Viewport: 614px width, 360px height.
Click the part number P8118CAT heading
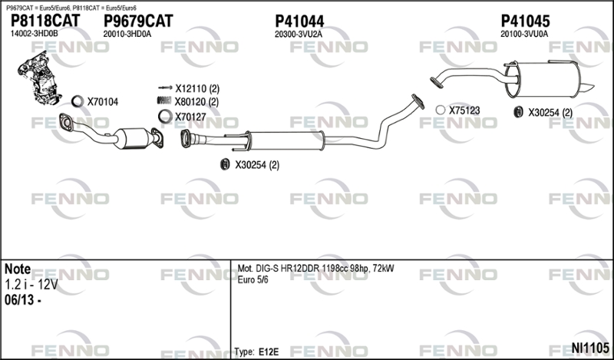coord(45,21)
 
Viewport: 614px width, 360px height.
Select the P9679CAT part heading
coord(138,21)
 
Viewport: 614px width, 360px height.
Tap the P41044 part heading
coord(299,21)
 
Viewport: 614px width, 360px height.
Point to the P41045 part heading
coord(525,21)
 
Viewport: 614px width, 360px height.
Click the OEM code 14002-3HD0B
coord(34,34)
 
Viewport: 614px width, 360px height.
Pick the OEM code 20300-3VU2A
coord(299,34)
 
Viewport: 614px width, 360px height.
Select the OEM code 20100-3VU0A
coord(524,34)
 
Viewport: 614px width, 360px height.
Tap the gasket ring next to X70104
coord(78,101)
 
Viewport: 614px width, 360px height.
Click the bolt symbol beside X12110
coord(165,88)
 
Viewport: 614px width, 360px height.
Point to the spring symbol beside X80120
coord(164,101)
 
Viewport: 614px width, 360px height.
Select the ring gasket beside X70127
coord(165,117)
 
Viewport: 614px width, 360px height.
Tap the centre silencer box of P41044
coord(286,140)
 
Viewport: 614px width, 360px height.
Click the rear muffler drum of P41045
coord(543,80)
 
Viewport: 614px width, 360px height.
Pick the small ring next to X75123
coord(441,110)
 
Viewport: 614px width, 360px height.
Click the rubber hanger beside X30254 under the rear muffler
coord(519,112)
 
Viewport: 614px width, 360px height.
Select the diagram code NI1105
coord(590,348)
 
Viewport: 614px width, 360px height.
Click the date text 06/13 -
coord(23,300)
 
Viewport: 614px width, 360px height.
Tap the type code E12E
coord(269,352)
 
